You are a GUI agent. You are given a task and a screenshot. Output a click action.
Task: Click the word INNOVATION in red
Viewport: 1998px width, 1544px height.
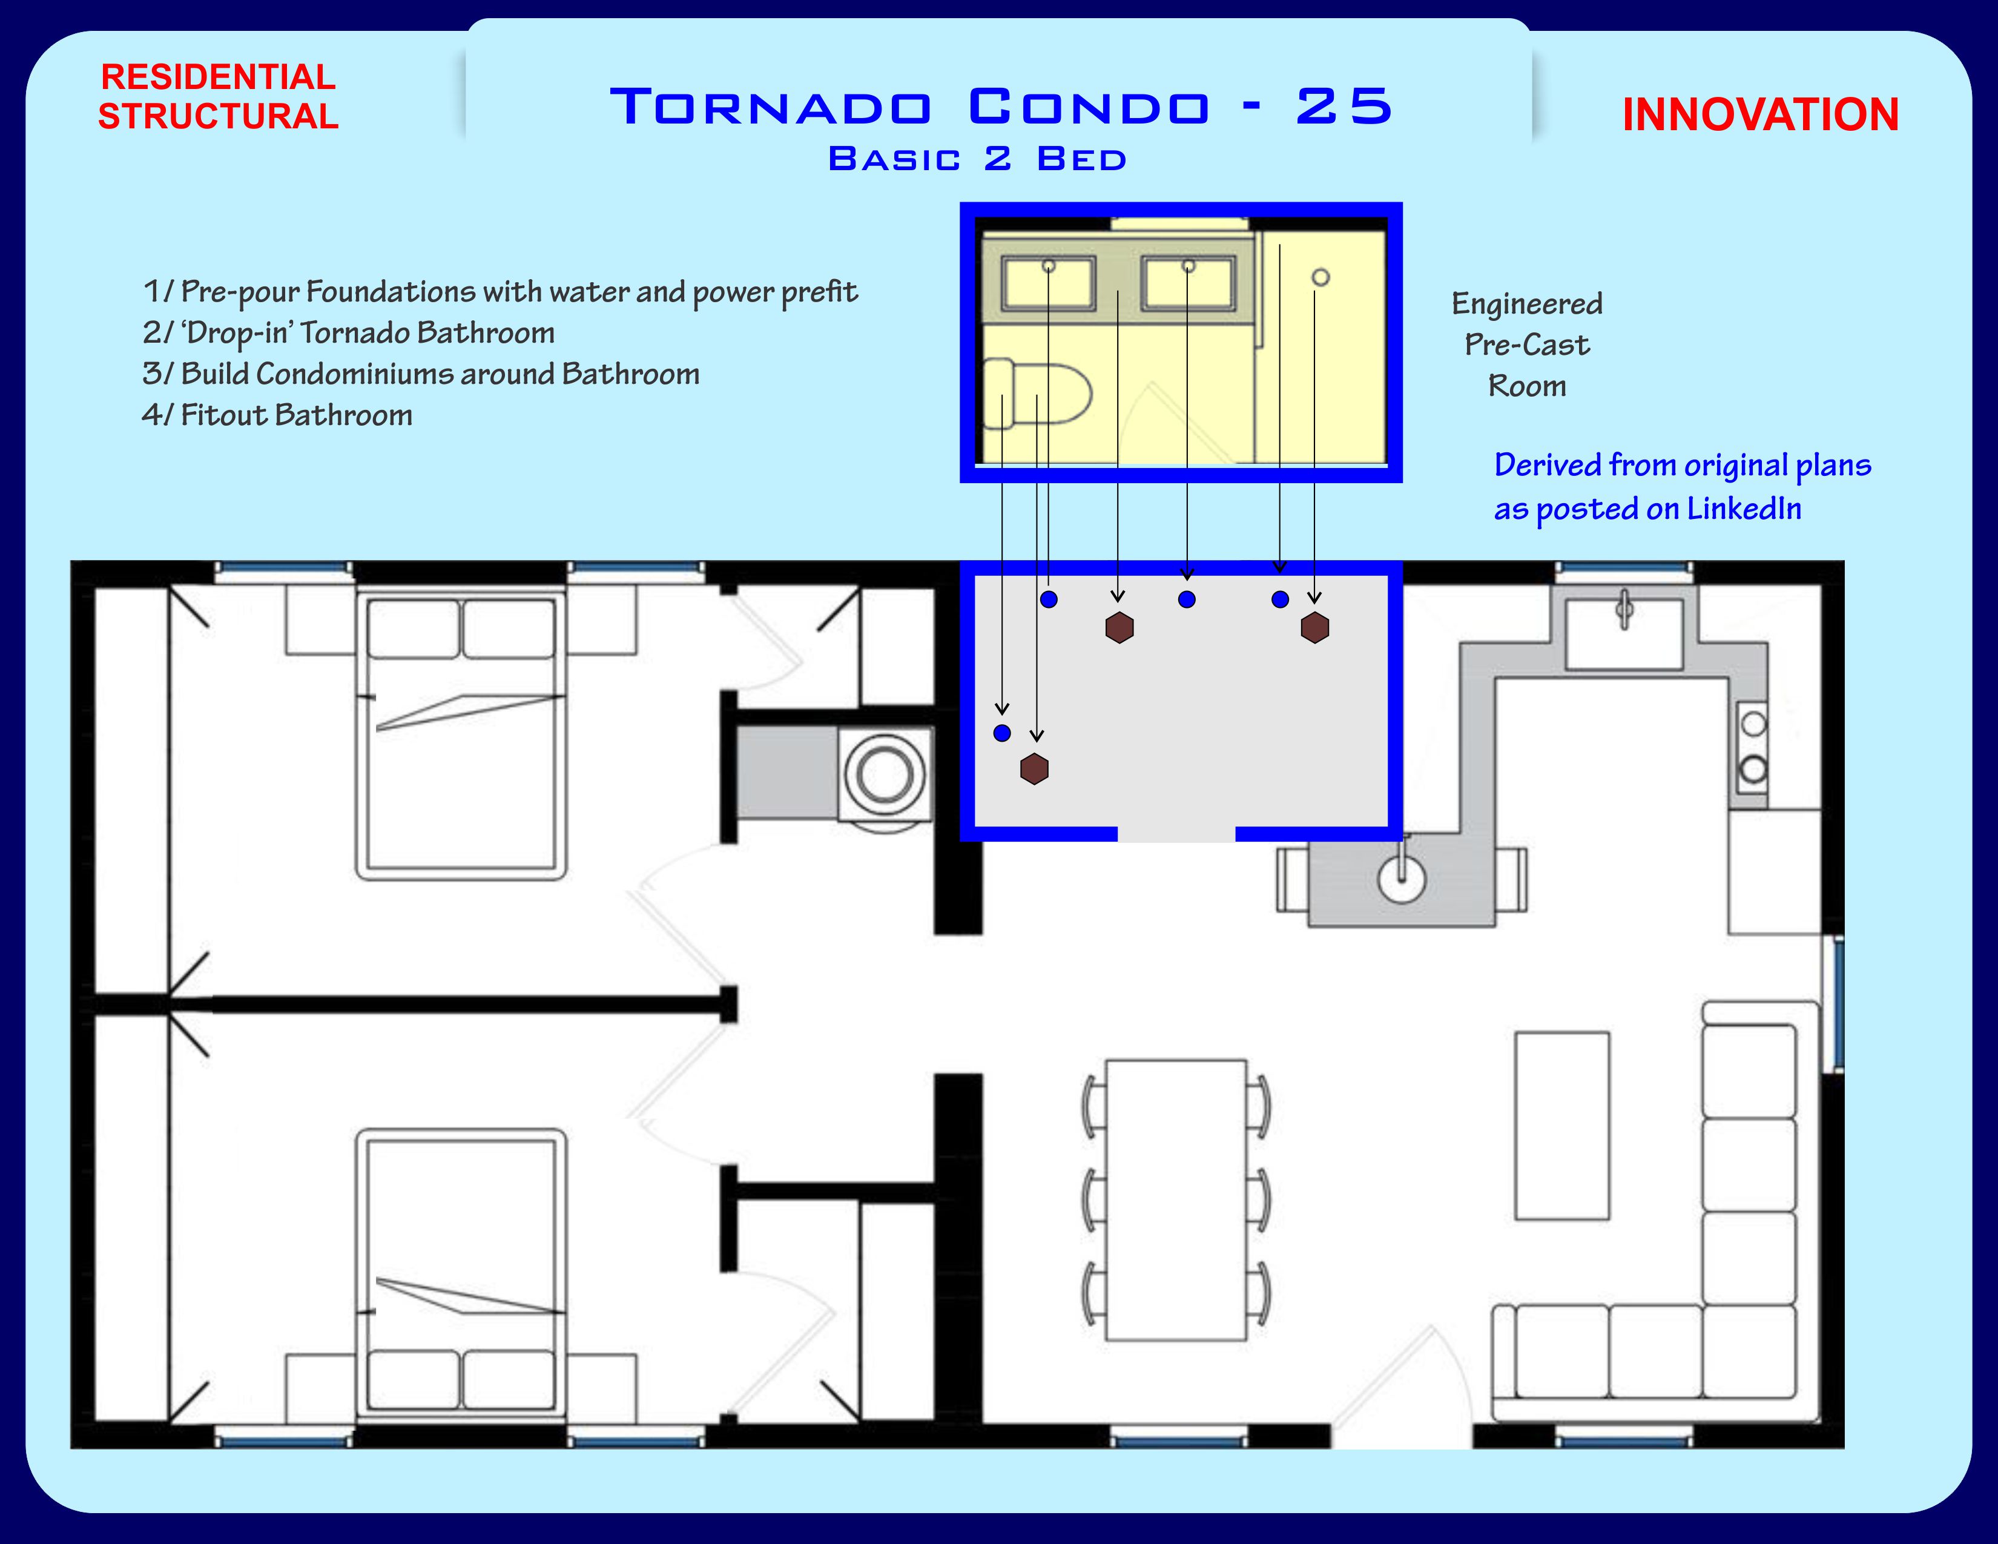tap(1760, 115)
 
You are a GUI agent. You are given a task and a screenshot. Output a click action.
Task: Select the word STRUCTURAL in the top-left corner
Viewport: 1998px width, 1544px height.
tap(218, 116)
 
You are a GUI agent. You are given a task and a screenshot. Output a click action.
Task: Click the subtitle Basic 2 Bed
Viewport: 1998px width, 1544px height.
tap(977, 159)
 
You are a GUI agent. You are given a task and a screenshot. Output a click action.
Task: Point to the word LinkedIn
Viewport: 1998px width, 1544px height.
tap(1744, 509)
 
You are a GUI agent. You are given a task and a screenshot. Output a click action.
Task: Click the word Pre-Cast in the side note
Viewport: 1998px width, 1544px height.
tap(1527, 345)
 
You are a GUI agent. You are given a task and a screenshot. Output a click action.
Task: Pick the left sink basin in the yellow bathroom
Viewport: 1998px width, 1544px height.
tap(1049, 283)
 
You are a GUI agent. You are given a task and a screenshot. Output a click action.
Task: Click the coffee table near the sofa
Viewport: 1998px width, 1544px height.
tap(1561, 1126)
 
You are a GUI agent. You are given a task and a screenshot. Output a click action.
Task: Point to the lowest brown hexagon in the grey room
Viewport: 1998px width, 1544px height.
tap(1034, 768)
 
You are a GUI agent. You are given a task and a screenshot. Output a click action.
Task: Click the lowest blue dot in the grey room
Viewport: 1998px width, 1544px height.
tap(1002, 733)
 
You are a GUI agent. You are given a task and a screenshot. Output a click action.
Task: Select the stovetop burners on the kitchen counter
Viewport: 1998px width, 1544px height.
tap(1753, 747)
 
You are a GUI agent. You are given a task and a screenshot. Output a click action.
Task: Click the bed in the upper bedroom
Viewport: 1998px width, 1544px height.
tap(461, 736)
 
